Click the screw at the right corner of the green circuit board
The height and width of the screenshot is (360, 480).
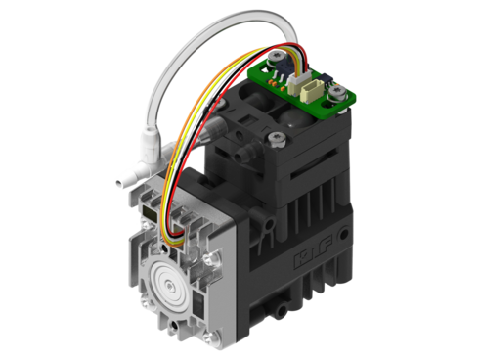[x=337, y=94]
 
